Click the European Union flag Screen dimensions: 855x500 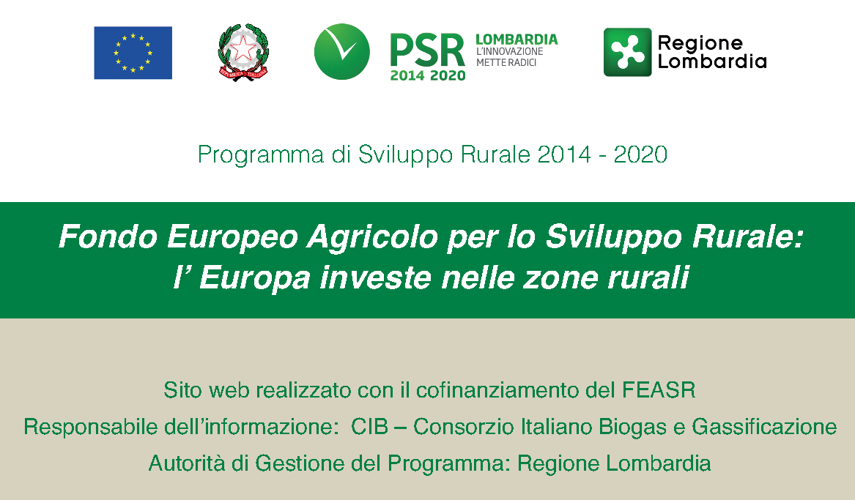point(133,53)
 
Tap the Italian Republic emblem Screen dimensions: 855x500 point(243,52)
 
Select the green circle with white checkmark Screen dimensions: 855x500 point(342,52)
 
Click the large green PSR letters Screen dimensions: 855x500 point(428,50)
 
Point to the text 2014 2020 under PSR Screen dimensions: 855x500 point(428,75)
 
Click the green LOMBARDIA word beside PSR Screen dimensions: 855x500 point(517,40)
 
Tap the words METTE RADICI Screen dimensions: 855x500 point(506,63)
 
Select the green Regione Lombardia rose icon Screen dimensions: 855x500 point(628,52)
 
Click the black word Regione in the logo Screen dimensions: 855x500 point(700,43)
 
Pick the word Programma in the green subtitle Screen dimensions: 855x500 point(261,155)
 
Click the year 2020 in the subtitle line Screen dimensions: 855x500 point(640,154)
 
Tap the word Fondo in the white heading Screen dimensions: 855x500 point(108,237)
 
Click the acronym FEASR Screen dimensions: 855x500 point(659,390)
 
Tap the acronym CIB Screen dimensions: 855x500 point(369,427)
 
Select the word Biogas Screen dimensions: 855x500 point(632,428)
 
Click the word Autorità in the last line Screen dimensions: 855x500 point(187,463)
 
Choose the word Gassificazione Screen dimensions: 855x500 point(764,427)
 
